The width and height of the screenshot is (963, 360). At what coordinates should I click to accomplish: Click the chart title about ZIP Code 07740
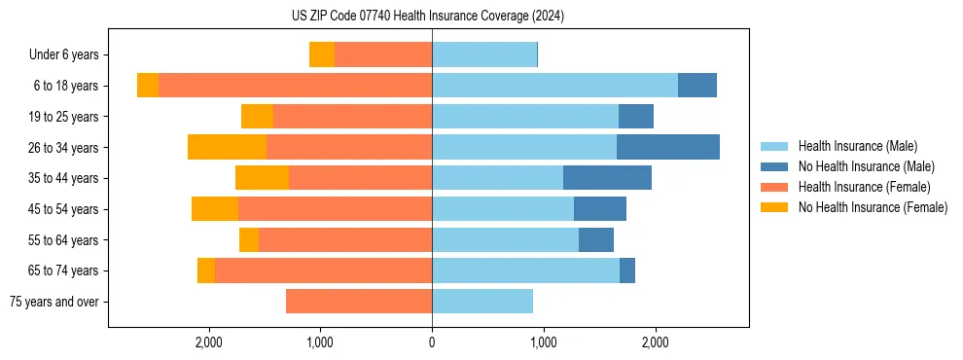(427, 16)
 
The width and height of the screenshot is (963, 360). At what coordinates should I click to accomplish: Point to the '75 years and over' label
(53, 302)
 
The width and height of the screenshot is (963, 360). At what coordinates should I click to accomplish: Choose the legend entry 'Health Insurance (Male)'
(857, 146)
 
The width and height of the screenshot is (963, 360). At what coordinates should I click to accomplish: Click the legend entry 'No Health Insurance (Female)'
(872, 207)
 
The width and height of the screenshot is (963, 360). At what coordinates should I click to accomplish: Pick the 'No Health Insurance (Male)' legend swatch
(774, 166)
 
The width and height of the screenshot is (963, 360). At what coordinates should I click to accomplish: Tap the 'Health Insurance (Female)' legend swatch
(774, 187)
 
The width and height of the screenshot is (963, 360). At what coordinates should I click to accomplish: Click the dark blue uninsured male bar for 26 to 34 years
(668, 147)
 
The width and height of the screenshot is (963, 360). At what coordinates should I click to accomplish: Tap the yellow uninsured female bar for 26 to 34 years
(227, 147)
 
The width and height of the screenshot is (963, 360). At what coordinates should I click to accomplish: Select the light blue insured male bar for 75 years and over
(482, 302)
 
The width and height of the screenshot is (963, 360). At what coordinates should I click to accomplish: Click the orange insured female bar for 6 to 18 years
(295, 86)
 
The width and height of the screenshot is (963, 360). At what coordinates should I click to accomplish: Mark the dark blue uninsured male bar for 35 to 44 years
(607, 178)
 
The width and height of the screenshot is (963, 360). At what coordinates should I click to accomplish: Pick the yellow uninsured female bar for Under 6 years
(322, 54)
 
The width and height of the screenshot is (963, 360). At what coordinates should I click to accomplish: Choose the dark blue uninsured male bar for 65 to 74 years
(627, 270)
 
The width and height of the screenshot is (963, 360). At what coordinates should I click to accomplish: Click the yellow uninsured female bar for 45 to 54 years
(215, 209)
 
